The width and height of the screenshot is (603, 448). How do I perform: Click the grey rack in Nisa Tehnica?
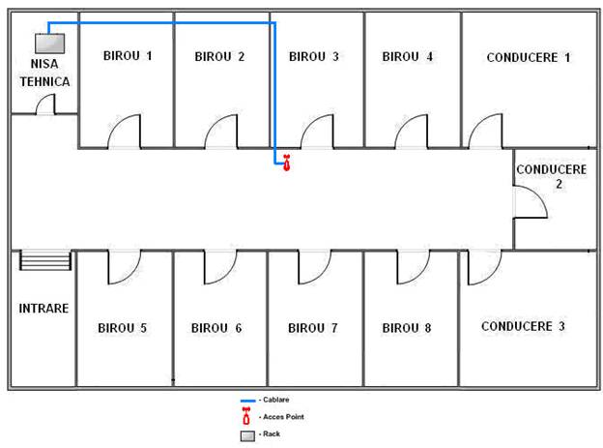(x=50, y=44)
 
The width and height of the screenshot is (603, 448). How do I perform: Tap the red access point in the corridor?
(x=286, y=163)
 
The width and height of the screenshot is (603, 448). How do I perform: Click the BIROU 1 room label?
(x=128, y=56)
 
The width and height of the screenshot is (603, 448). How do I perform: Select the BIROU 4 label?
(x=407, y=57)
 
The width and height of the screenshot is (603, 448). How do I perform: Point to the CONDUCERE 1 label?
(x=528, y=57)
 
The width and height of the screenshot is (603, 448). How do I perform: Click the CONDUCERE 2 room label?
(x=552, y=176)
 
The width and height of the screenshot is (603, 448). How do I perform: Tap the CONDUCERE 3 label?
(x=523, y=326)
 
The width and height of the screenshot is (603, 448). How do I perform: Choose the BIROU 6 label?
(x=216, y=328)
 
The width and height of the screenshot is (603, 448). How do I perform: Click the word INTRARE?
(x=43, y=308)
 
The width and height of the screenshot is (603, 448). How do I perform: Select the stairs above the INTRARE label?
(x=45, y=260)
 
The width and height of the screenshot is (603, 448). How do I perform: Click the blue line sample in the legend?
(x=247, y=401)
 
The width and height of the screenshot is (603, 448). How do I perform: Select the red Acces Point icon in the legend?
(x=246, y=416)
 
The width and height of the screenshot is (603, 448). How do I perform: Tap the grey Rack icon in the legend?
(x=247, y=436)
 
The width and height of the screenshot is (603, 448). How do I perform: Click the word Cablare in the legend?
(x=276, y=400)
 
